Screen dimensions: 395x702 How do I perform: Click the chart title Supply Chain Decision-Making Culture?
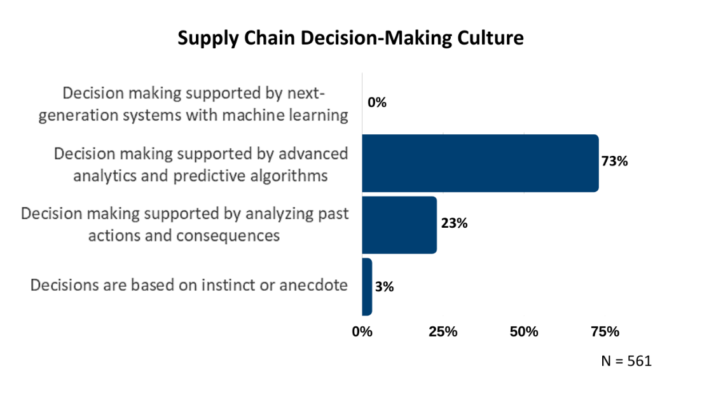click(x=350, y=38)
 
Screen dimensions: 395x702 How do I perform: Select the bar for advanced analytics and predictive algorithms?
click(x=480, y=163)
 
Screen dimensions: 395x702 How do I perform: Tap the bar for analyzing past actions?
click(x=399, y=225)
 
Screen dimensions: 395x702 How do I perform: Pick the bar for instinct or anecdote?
click(x=367, y=287)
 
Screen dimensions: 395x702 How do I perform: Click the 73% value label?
click(x=615, y=162)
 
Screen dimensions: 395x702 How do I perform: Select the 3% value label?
click(x=384, y=286)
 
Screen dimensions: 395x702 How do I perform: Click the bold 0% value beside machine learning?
click(x=377, y=102)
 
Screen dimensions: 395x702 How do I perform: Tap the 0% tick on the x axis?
click(x=362, y=331)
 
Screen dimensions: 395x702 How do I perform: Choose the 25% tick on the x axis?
click(x=443, y=331)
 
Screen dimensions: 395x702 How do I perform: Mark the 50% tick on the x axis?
click(x=524, y=331)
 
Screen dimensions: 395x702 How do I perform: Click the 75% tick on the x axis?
click(x=605, y=331)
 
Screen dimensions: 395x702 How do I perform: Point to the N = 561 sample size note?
click(x=626, y=361)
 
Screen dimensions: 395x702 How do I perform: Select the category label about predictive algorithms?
click(x=201, y=165)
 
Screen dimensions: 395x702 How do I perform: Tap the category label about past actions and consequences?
click(x=185, y=224)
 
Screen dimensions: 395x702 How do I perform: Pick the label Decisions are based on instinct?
click(x=189, y=285)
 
